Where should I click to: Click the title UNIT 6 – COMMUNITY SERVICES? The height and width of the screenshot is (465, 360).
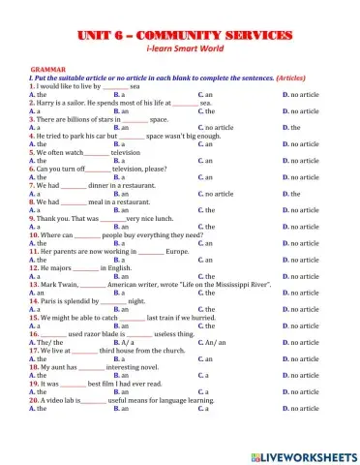pyautogui.click(x=181, y=36)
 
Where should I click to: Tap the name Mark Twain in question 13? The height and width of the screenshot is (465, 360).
pyautogui.click(x=61, y=283)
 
